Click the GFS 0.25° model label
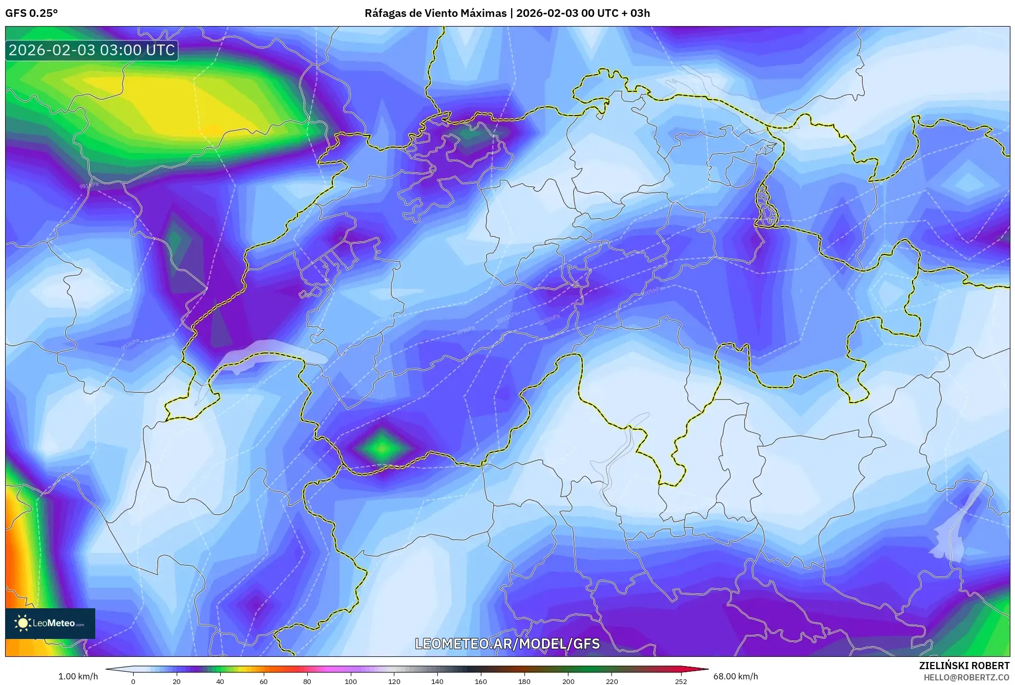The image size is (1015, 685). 31,13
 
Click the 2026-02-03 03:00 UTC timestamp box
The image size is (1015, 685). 92,50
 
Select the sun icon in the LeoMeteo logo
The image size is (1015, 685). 23,623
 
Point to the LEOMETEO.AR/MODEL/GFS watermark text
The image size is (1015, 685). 507,644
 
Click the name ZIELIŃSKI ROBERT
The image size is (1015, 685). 964,666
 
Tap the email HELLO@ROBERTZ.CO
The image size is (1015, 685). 966,677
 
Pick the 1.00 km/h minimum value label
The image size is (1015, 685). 78,676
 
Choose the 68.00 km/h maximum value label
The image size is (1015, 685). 735,676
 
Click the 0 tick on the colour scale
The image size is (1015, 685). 133,681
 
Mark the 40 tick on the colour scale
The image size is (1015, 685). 220,681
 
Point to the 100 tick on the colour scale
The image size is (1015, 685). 350,681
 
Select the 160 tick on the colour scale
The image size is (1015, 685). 481,681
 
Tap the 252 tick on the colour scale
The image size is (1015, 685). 681,681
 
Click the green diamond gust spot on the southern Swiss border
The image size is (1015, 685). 382,448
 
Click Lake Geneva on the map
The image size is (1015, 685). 266,353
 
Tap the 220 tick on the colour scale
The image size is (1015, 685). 611,681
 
